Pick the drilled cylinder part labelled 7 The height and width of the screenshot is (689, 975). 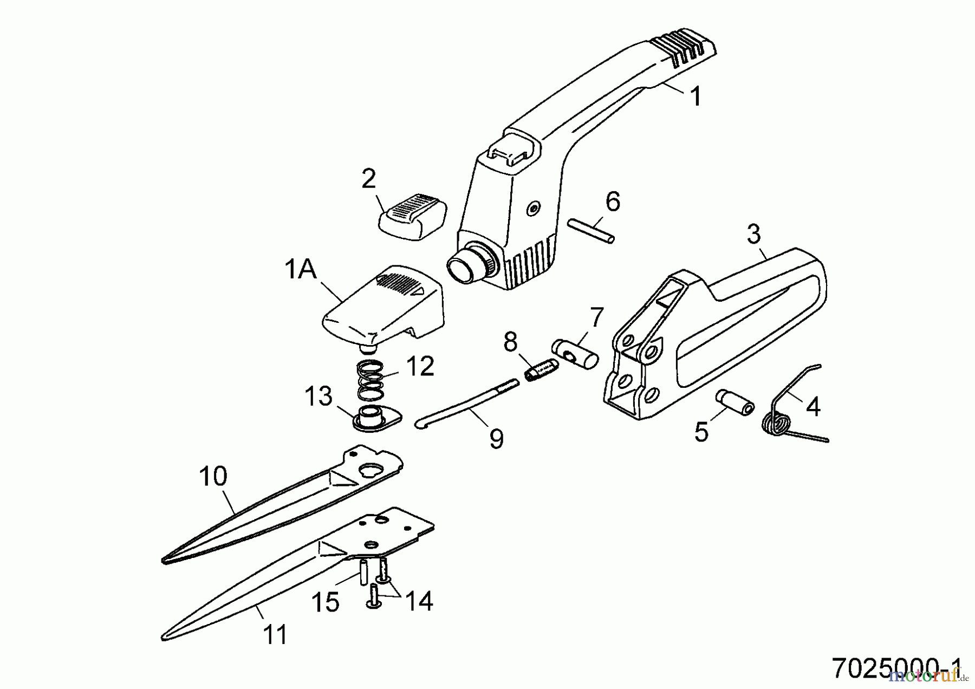575,354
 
